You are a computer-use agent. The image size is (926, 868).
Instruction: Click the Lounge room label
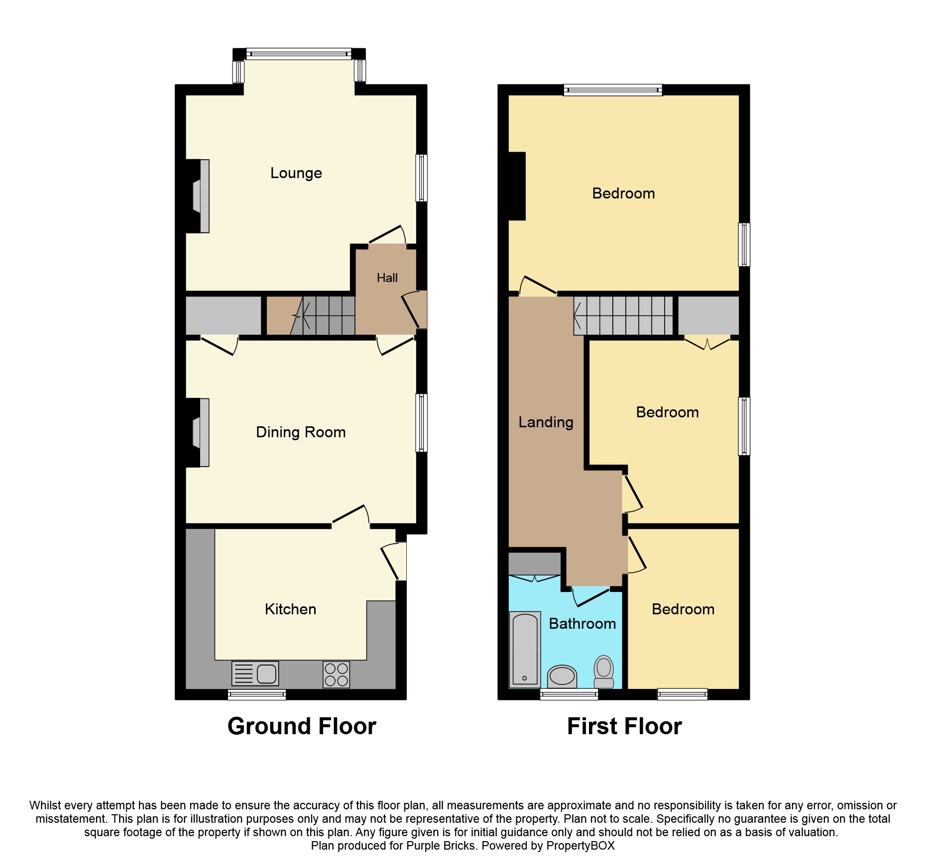pyautogui.click(x=296, y=173)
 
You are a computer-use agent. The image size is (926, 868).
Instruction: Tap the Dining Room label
pyautogui.click(x=301, y=432)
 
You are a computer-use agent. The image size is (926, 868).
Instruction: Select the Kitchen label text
pyautogui.click(x=290, y=609)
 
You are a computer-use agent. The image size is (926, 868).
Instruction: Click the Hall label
pyautogui.click(x=387, y=278)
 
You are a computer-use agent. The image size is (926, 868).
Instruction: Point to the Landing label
pyautogui.click(x=546, y=422)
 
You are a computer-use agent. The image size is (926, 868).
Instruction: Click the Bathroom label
pyautogui.click(x=582, y=624)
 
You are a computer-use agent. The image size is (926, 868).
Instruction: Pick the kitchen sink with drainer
pyautogui.click(x=255, y=674)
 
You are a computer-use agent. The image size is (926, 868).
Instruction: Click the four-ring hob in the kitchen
pyautogui.click(x=336, y=675)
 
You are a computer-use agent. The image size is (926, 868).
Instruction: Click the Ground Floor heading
pyautogui.click(x=302, y=726)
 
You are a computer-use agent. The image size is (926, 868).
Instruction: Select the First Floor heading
pyautogui.click(x=624, y=726)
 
